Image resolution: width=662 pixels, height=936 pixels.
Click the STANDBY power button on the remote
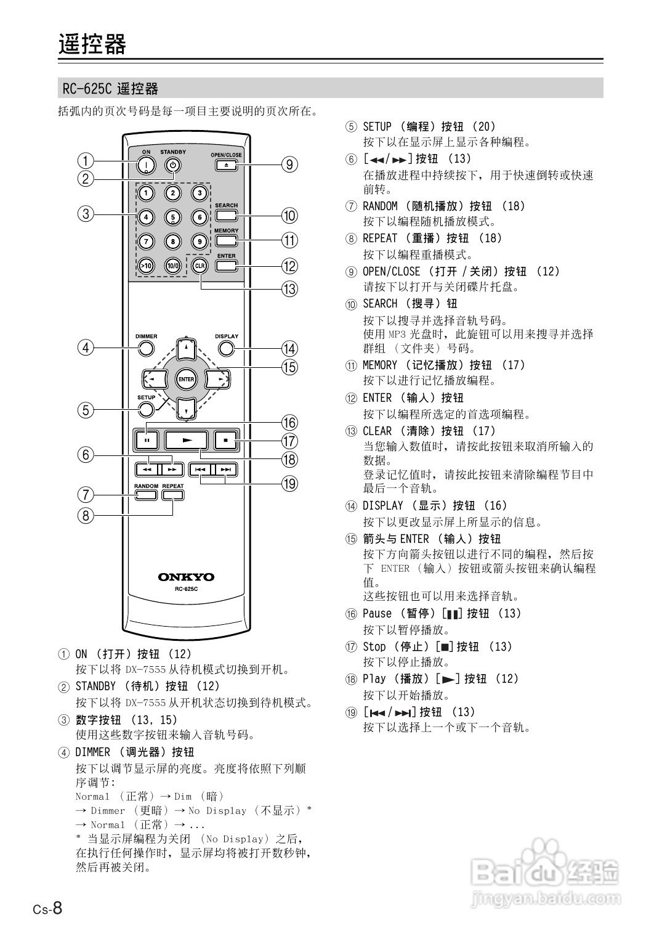[173, 165]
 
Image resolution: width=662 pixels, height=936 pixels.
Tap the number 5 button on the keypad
[173, 217]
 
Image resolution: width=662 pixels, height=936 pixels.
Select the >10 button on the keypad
[145, 266]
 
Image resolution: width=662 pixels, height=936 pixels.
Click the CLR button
[200, 266]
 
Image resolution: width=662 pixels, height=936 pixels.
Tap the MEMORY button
[227, 240]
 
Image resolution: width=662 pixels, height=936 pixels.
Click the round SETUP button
[146, 410]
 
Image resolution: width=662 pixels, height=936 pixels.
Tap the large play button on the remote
[187, 440]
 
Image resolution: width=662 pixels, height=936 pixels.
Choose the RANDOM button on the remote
[146, 494]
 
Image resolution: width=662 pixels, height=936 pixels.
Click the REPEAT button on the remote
[173, 494]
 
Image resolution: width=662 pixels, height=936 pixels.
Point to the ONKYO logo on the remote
[186, 577]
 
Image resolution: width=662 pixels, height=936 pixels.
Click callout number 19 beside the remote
[289, 484]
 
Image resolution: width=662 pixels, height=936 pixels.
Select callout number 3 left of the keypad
[85, 214]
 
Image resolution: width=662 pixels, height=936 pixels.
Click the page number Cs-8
[47, 908]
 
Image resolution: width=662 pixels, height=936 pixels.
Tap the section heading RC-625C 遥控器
[110, 89]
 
